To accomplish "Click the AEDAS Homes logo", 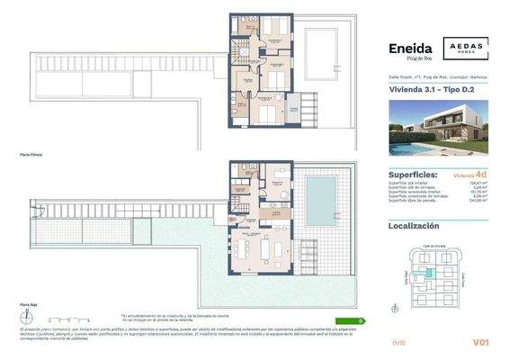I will point(459,51).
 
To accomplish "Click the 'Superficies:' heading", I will point(413,175).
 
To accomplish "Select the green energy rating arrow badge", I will point(350,320).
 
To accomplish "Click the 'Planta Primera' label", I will point(31,155).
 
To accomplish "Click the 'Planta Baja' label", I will point(30,306).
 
